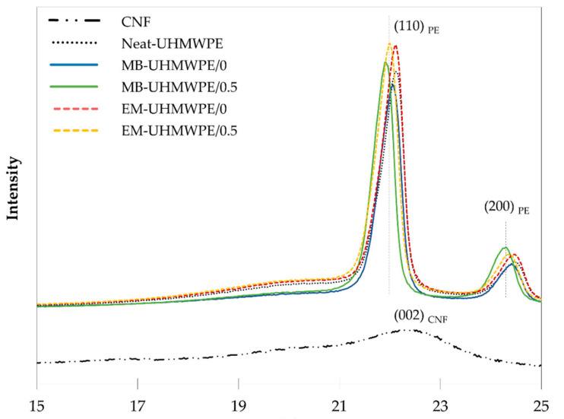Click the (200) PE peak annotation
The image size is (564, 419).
pos(508,208)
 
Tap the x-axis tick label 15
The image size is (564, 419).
pos(36,402)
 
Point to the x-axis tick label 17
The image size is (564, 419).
pos(138,402)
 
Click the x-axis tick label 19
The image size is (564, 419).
pos(238,402)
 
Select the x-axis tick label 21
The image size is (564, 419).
pos(339,402)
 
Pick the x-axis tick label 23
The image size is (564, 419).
pos(440,402)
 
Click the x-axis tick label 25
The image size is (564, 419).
pos(540,402)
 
